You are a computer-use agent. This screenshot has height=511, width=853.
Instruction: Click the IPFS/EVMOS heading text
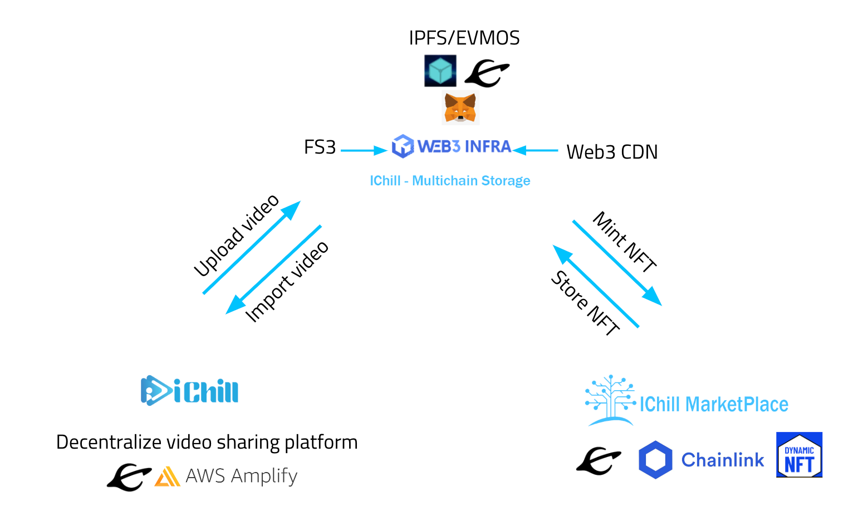[464, 38]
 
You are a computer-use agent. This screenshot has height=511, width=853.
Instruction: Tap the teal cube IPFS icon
[440, 71]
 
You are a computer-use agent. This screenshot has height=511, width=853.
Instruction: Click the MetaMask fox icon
[460, 108]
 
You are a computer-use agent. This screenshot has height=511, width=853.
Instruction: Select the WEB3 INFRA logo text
[464, 146]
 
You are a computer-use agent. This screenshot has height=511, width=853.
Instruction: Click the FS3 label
[320, 148]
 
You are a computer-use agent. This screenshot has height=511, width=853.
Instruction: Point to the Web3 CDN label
[611, 152]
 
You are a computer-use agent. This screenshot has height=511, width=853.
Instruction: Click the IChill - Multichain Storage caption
[450, 181]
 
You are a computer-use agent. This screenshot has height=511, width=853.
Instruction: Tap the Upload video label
[236, 235]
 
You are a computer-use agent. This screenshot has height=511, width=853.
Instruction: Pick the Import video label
[287, 282]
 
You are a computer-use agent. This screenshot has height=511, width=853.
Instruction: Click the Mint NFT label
[625, 242]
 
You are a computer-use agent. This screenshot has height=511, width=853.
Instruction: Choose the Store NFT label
[585, 303]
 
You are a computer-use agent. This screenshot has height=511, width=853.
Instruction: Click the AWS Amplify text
[241, 476]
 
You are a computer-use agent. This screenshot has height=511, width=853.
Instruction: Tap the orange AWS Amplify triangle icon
[167, 476]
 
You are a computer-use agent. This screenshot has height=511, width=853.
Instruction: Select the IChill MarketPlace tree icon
[610, 400]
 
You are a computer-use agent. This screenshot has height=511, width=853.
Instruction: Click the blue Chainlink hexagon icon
[655, 460]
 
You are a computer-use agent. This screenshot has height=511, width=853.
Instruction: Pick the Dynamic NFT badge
[799, 455]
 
